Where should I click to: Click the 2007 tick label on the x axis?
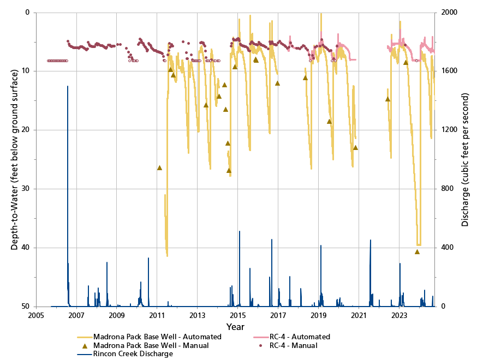76,315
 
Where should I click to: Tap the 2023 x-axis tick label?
399,315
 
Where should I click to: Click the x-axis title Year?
236,327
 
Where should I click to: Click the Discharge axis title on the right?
465,159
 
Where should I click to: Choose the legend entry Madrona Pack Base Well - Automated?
157,337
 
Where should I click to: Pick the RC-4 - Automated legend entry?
297,337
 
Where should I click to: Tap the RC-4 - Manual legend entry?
291,345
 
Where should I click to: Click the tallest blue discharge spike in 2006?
68,86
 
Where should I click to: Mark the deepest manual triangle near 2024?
417,251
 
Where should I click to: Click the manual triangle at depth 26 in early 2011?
159,167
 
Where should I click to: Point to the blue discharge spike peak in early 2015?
239,231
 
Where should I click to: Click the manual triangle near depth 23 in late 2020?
355,147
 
